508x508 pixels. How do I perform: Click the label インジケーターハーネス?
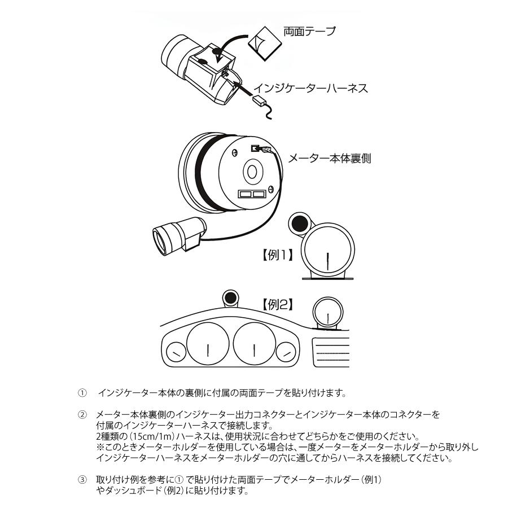point(310,88)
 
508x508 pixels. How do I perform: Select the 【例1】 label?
point(277,255)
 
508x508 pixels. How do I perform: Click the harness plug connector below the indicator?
point(261,102)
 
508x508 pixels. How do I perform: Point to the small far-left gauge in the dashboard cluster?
point(176,353)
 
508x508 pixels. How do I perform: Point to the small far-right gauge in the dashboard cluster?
point(287,353)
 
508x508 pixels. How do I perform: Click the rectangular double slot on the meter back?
point(252,194)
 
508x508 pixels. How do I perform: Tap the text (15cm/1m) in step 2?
point(147,437)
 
